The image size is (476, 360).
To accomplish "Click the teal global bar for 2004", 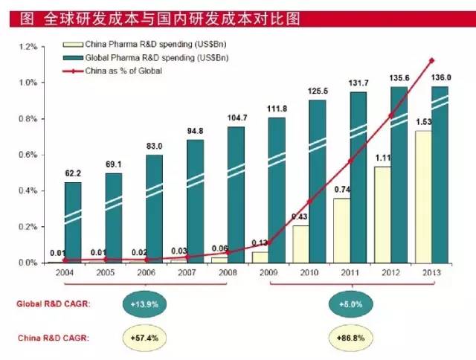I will click(x=73, y=222).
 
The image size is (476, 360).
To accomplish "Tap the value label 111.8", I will click(x=277, y=109).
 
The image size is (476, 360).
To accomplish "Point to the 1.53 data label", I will click(x=423, y=122).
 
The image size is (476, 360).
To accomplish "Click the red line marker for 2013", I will click(x=431, y=60).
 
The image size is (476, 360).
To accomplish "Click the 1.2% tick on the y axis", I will click(x=27, y=47).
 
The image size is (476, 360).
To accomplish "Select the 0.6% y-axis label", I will click(x=27, y=155).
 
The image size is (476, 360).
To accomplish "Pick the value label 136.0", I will click(x=440, y=76).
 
